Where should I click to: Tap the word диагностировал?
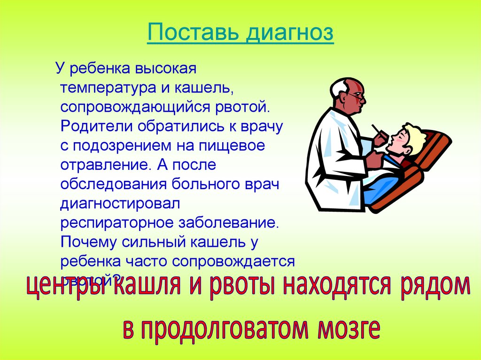(x=117, y=203)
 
